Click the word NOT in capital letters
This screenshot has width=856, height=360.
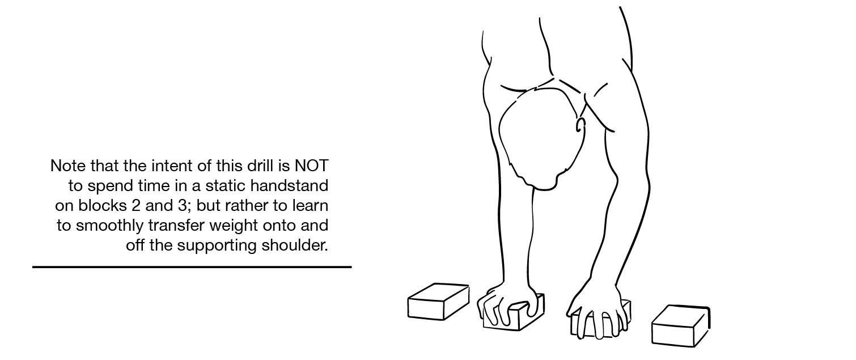[311, 166]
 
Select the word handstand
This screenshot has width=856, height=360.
[289, 186]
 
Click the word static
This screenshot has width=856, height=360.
[226, 186]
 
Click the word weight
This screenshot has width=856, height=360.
[234, 226]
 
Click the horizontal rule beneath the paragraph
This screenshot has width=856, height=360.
[192, 267]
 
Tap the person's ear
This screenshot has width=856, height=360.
[580, 125]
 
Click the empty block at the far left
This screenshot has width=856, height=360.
[438, 302]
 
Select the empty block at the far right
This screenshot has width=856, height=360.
[681, 325]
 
